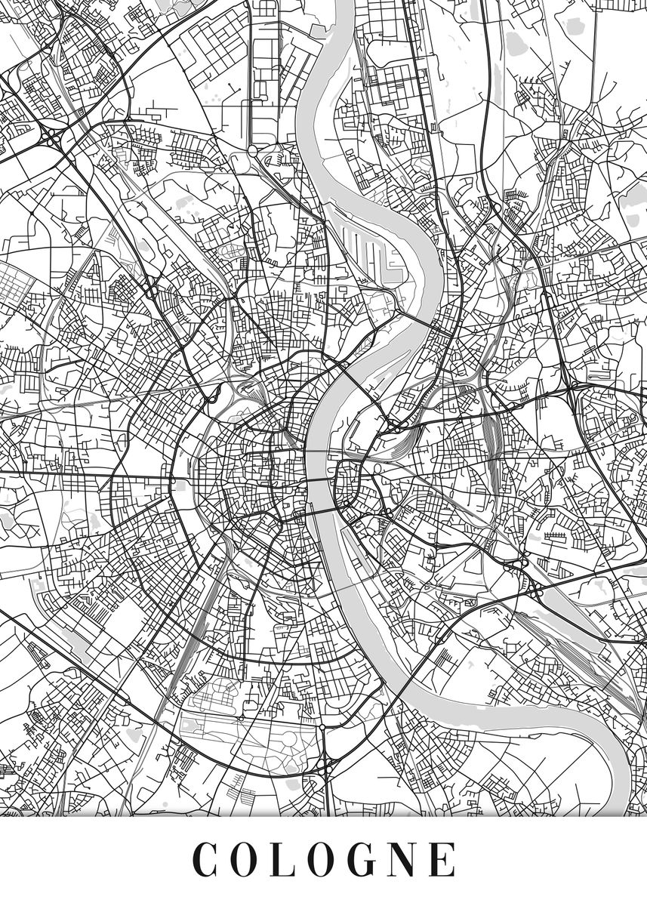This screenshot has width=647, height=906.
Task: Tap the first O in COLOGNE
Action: click(247, 860)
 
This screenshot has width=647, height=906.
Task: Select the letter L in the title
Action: click(287, 860)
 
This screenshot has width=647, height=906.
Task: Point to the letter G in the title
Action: click(370, 860)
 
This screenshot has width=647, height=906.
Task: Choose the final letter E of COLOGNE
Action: click(447, 860)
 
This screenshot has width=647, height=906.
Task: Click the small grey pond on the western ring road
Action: click(181, 486)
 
